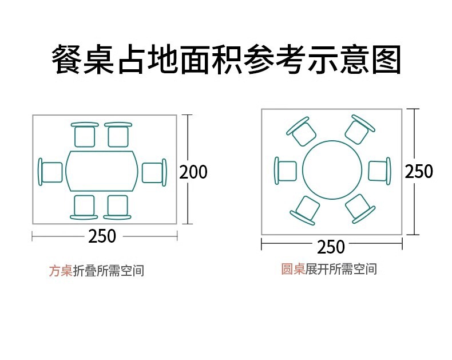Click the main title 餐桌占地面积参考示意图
[226, 60]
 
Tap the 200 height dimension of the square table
[193, 172]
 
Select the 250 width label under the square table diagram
[102, 236]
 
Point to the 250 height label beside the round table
[419, 171]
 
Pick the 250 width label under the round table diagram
[331, 247]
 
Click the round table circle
[332, 170]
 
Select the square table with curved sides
[102, 171]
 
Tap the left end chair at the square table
[50, 172]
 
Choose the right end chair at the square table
[154, 172]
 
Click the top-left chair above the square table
[85, 135]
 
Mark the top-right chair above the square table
[118, 135]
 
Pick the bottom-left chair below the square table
[84, 207]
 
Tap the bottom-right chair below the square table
[117, 207]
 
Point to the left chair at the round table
[286, 171]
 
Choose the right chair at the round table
[379, 171]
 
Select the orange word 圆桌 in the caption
[292, 269]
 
